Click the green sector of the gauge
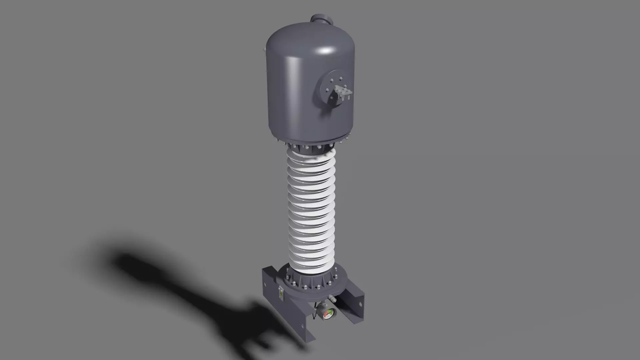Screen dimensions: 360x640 [x=330, y=312]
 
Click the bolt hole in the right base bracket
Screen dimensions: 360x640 [x=360, y=304]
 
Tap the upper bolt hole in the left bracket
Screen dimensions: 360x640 [x=265, y=284]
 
